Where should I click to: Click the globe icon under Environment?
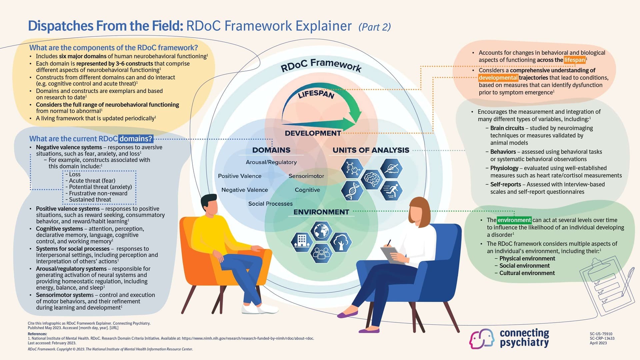(321, 230)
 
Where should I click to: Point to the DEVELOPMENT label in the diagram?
(313, 133)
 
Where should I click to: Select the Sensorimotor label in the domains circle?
(306, 176)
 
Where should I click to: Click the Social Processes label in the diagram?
(270, 204)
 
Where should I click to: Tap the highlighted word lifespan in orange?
(574, 60)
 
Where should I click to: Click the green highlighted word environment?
(514, 220)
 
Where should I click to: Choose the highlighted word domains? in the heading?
(136, 139)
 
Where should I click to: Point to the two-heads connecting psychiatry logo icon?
(482, 339)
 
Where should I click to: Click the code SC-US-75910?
(601, 334)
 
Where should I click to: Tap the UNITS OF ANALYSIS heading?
(371, 150)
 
